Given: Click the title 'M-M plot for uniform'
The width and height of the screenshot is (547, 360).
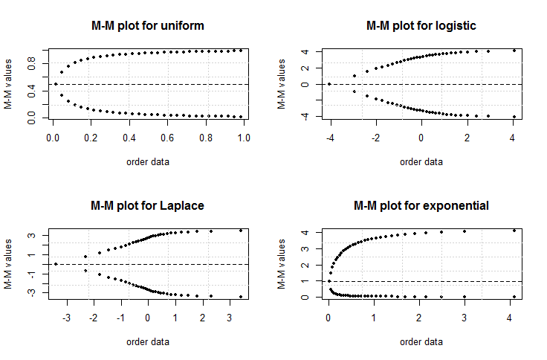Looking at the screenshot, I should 146,26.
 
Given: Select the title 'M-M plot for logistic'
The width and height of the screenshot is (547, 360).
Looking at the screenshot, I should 421,26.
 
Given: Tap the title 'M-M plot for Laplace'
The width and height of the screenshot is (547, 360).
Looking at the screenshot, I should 146,205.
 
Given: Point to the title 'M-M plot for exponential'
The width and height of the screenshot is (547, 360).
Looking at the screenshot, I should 421,205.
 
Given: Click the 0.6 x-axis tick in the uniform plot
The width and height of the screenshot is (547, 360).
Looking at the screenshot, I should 168,138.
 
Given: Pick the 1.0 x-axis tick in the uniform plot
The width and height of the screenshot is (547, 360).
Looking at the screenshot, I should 245,138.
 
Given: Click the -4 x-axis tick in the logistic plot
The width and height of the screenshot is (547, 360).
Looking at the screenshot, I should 328,138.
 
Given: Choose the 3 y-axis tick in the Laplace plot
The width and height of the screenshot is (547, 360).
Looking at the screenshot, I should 33,236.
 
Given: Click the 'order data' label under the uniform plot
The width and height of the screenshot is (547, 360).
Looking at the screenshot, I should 146,161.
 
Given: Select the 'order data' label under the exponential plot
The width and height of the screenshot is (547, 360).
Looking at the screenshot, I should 421,341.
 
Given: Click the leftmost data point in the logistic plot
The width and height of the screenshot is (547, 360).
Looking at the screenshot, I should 329,84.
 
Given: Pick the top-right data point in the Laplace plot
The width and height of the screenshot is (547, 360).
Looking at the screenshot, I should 241,231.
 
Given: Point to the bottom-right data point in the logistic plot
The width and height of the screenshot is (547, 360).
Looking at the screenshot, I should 514,117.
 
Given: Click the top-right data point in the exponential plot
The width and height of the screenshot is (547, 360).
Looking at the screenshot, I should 514,231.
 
